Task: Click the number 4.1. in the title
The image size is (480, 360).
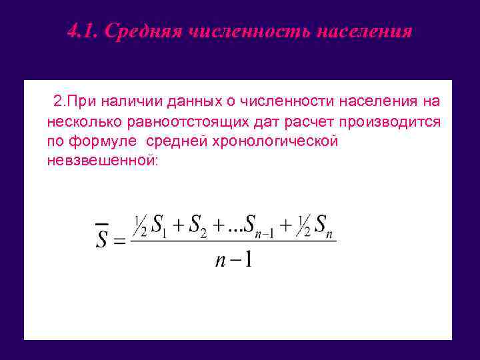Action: [83, 31]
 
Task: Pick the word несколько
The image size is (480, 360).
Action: [78, 122]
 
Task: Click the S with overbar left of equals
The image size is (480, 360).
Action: [101, 236]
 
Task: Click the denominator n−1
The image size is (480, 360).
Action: [233, 259]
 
